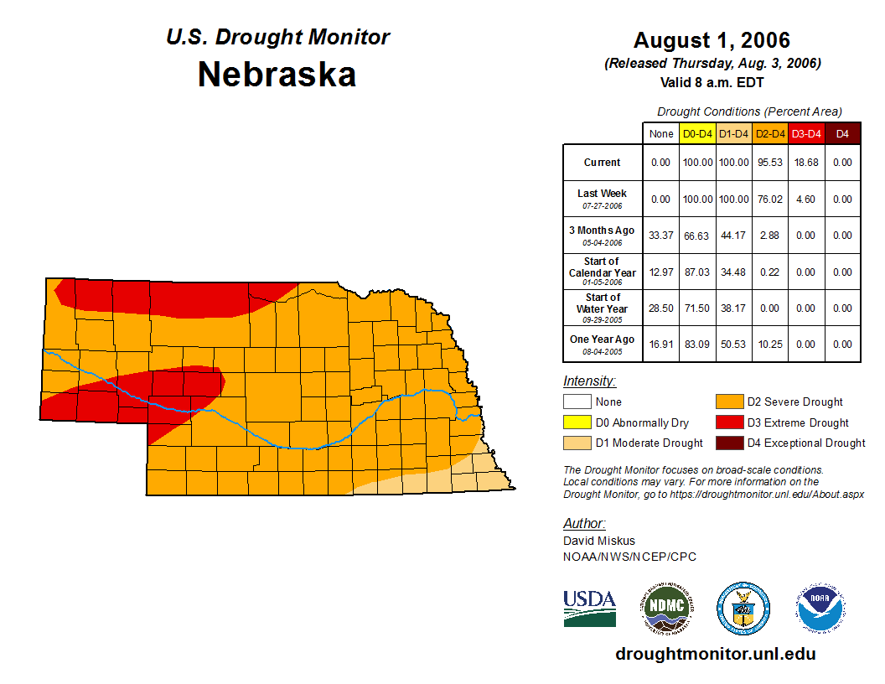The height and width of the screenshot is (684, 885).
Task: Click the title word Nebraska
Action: tap(277, 75)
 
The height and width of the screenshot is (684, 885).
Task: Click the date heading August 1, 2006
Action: tap(712, 40)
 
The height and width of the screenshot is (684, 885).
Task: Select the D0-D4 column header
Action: tap(697, 133)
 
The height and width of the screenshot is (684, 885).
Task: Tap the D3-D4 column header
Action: tap(806, 133)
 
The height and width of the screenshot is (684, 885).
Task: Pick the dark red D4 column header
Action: tap(843, 133)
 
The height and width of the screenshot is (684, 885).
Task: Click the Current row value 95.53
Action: tap(770, 163)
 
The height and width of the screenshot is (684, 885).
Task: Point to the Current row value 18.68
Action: tap(806, 163)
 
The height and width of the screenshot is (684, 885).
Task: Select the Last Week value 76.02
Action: tap(770, 199)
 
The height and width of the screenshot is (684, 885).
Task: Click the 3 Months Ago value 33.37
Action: tap(661, 236)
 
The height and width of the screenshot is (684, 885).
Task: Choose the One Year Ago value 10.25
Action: tap(770, 344)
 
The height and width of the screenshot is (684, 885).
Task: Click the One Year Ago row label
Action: tap(603, 339)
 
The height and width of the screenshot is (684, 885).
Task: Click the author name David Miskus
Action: tap(599, 541)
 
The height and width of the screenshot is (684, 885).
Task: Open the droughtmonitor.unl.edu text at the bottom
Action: tap(715, 654)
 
